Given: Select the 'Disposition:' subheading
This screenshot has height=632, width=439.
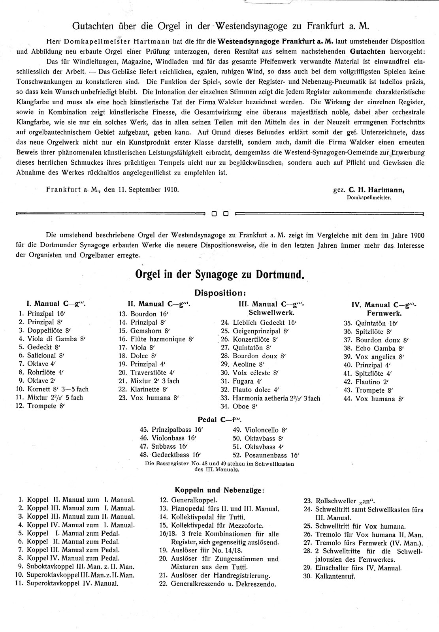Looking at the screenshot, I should click(x=220, y=293).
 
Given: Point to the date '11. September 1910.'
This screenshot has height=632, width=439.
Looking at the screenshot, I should click(x=148, y=189).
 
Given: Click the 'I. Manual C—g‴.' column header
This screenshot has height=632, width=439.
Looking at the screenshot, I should click(x=56, y=304).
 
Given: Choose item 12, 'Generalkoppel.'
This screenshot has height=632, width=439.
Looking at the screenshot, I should click(x=189, y=500).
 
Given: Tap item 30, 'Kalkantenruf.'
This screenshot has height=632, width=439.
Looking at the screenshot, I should click(x=329, y=576).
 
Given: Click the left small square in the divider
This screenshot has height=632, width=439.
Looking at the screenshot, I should click(x=214, y=214).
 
